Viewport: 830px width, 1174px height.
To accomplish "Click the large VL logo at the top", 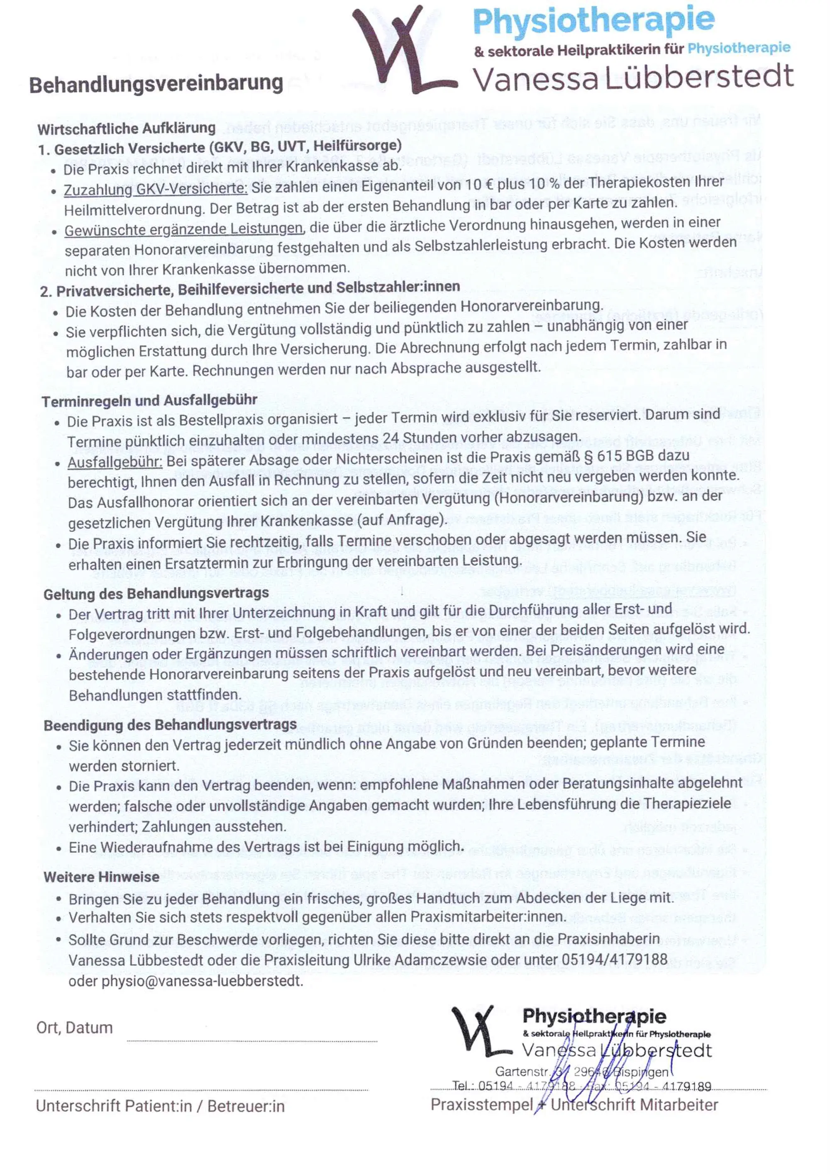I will click(396, 51).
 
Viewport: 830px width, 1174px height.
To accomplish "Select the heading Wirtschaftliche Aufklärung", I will click(126, 128).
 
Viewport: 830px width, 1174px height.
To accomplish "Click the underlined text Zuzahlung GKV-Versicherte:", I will click(156, 189).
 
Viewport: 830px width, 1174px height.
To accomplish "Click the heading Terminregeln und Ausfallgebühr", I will click(149, 400).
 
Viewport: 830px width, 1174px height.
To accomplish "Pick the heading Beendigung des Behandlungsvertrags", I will click(170, 725).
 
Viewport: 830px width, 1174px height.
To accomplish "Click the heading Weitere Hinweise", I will click(101, 877).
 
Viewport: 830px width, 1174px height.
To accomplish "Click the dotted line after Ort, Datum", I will click(251, 1040).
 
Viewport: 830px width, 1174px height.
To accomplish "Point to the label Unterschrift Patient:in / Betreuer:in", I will click(159, 1106).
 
